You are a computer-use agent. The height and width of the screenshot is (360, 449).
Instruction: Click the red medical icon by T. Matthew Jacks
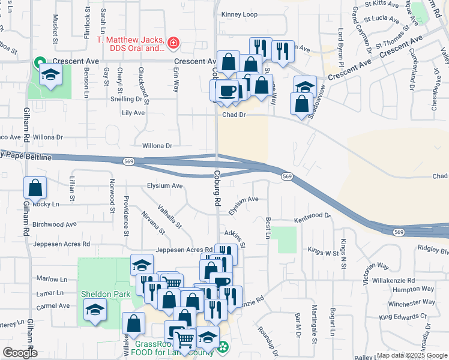pos(173,43)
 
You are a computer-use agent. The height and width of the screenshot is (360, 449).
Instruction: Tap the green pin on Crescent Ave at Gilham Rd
pos(40,62)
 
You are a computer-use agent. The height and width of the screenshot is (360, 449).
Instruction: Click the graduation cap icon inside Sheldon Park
pos(95,311)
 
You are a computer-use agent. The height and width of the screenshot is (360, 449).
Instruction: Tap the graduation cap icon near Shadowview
pos(305,86)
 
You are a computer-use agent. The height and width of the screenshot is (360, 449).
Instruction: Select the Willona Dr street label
pos(157,146)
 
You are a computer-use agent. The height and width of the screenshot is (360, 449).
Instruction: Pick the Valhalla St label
pos(169,217)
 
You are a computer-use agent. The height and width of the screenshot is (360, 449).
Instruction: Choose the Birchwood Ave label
pos(55,224)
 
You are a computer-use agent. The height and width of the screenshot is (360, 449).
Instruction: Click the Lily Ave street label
pos(133,113)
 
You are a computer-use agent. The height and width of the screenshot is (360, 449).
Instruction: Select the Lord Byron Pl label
pos(340,49)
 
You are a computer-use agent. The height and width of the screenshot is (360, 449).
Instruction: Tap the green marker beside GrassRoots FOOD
pos(223,347)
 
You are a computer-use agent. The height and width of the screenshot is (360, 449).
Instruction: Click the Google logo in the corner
pos(20,353)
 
